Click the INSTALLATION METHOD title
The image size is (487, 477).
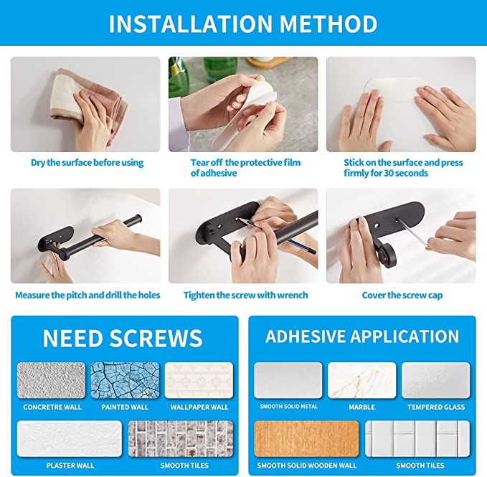point(243,24)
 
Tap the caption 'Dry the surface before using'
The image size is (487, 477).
point(87,163)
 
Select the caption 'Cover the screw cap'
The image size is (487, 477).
point(401,295)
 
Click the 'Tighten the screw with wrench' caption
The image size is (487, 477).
point(245,295)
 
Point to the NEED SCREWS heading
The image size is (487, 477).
point(123,338)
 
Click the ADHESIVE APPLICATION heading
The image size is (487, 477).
point(362,336)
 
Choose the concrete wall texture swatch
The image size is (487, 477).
point(52,380)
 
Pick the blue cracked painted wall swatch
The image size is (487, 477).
point(125,380)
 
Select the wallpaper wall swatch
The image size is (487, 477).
point(199,380)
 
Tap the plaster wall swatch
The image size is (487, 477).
point(70,438)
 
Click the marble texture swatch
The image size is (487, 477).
point(361,380)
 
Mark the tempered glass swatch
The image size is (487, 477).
point(435,380)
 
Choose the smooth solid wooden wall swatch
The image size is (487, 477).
point(306,438)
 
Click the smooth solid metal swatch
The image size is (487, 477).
point(288,380)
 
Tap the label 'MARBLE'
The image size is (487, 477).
point(361,407)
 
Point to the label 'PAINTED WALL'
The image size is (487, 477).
point(125,407)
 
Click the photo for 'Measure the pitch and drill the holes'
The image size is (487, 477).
point(85,236)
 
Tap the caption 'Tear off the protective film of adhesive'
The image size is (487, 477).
point(245,168)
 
